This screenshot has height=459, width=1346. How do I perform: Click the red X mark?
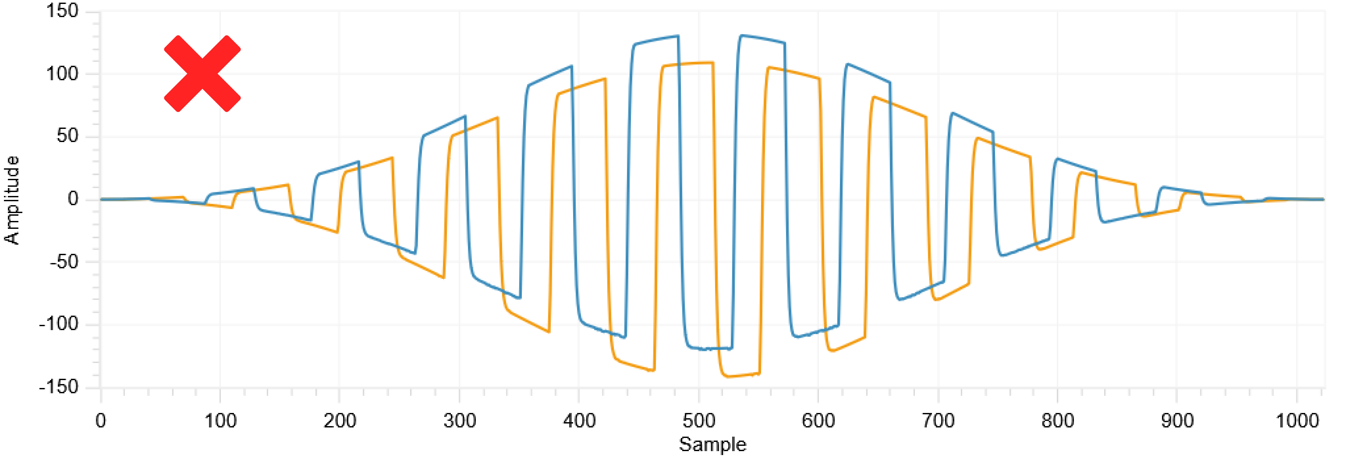[202, 74]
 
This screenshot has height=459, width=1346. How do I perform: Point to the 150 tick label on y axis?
[62, 11]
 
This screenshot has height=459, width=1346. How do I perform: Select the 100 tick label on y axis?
[62, 74]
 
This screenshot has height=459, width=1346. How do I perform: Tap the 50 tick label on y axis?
[67, 136]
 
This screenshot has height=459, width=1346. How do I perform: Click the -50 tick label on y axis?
[64, 262]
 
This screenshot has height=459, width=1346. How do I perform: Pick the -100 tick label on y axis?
[58, 325]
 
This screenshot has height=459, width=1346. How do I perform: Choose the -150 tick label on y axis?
[58, 387]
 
